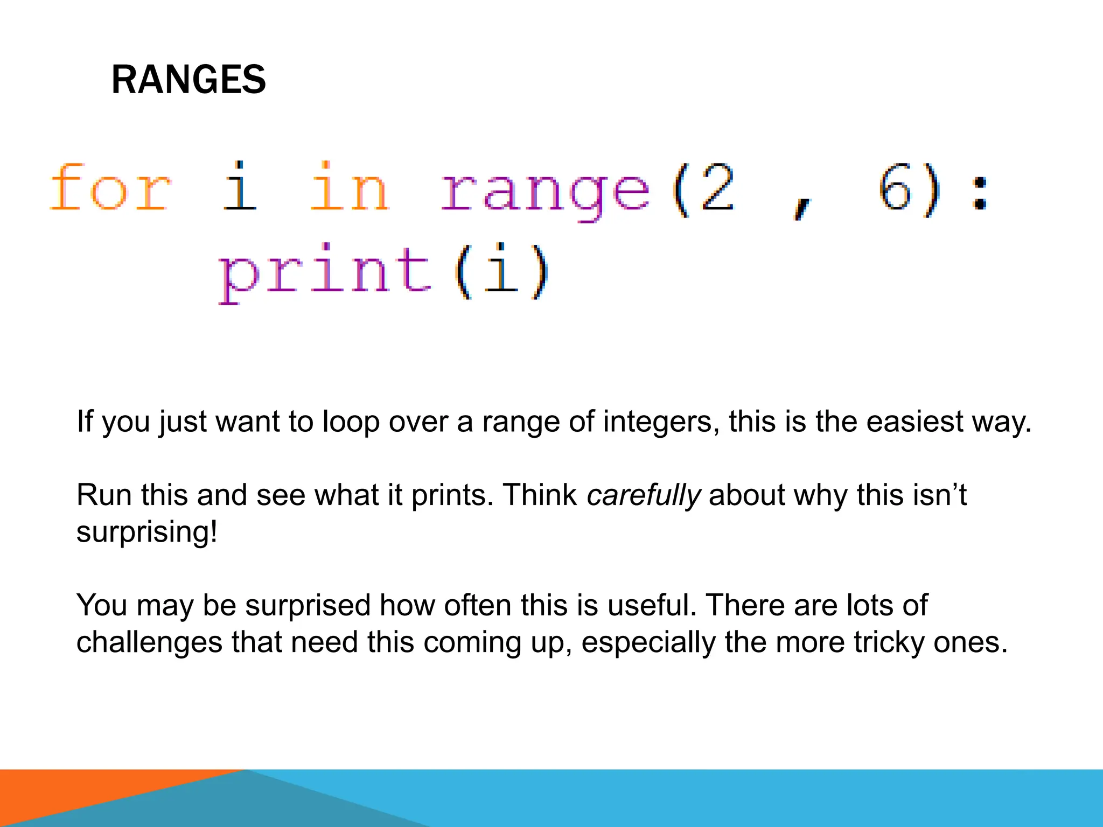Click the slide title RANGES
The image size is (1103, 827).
click(x=188, y=80)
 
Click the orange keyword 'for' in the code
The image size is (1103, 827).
click(x=110, y=188)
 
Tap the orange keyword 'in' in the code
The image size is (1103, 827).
click(x=350, y=188)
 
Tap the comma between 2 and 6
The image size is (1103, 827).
click(x=802, y=207)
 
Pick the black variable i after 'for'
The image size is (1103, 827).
click(x=240, y=187)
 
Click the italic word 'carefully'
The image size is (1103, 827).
click(x=644, y=496)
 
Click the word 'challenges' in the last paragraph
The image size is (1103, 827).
click(x=149, y=642)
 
